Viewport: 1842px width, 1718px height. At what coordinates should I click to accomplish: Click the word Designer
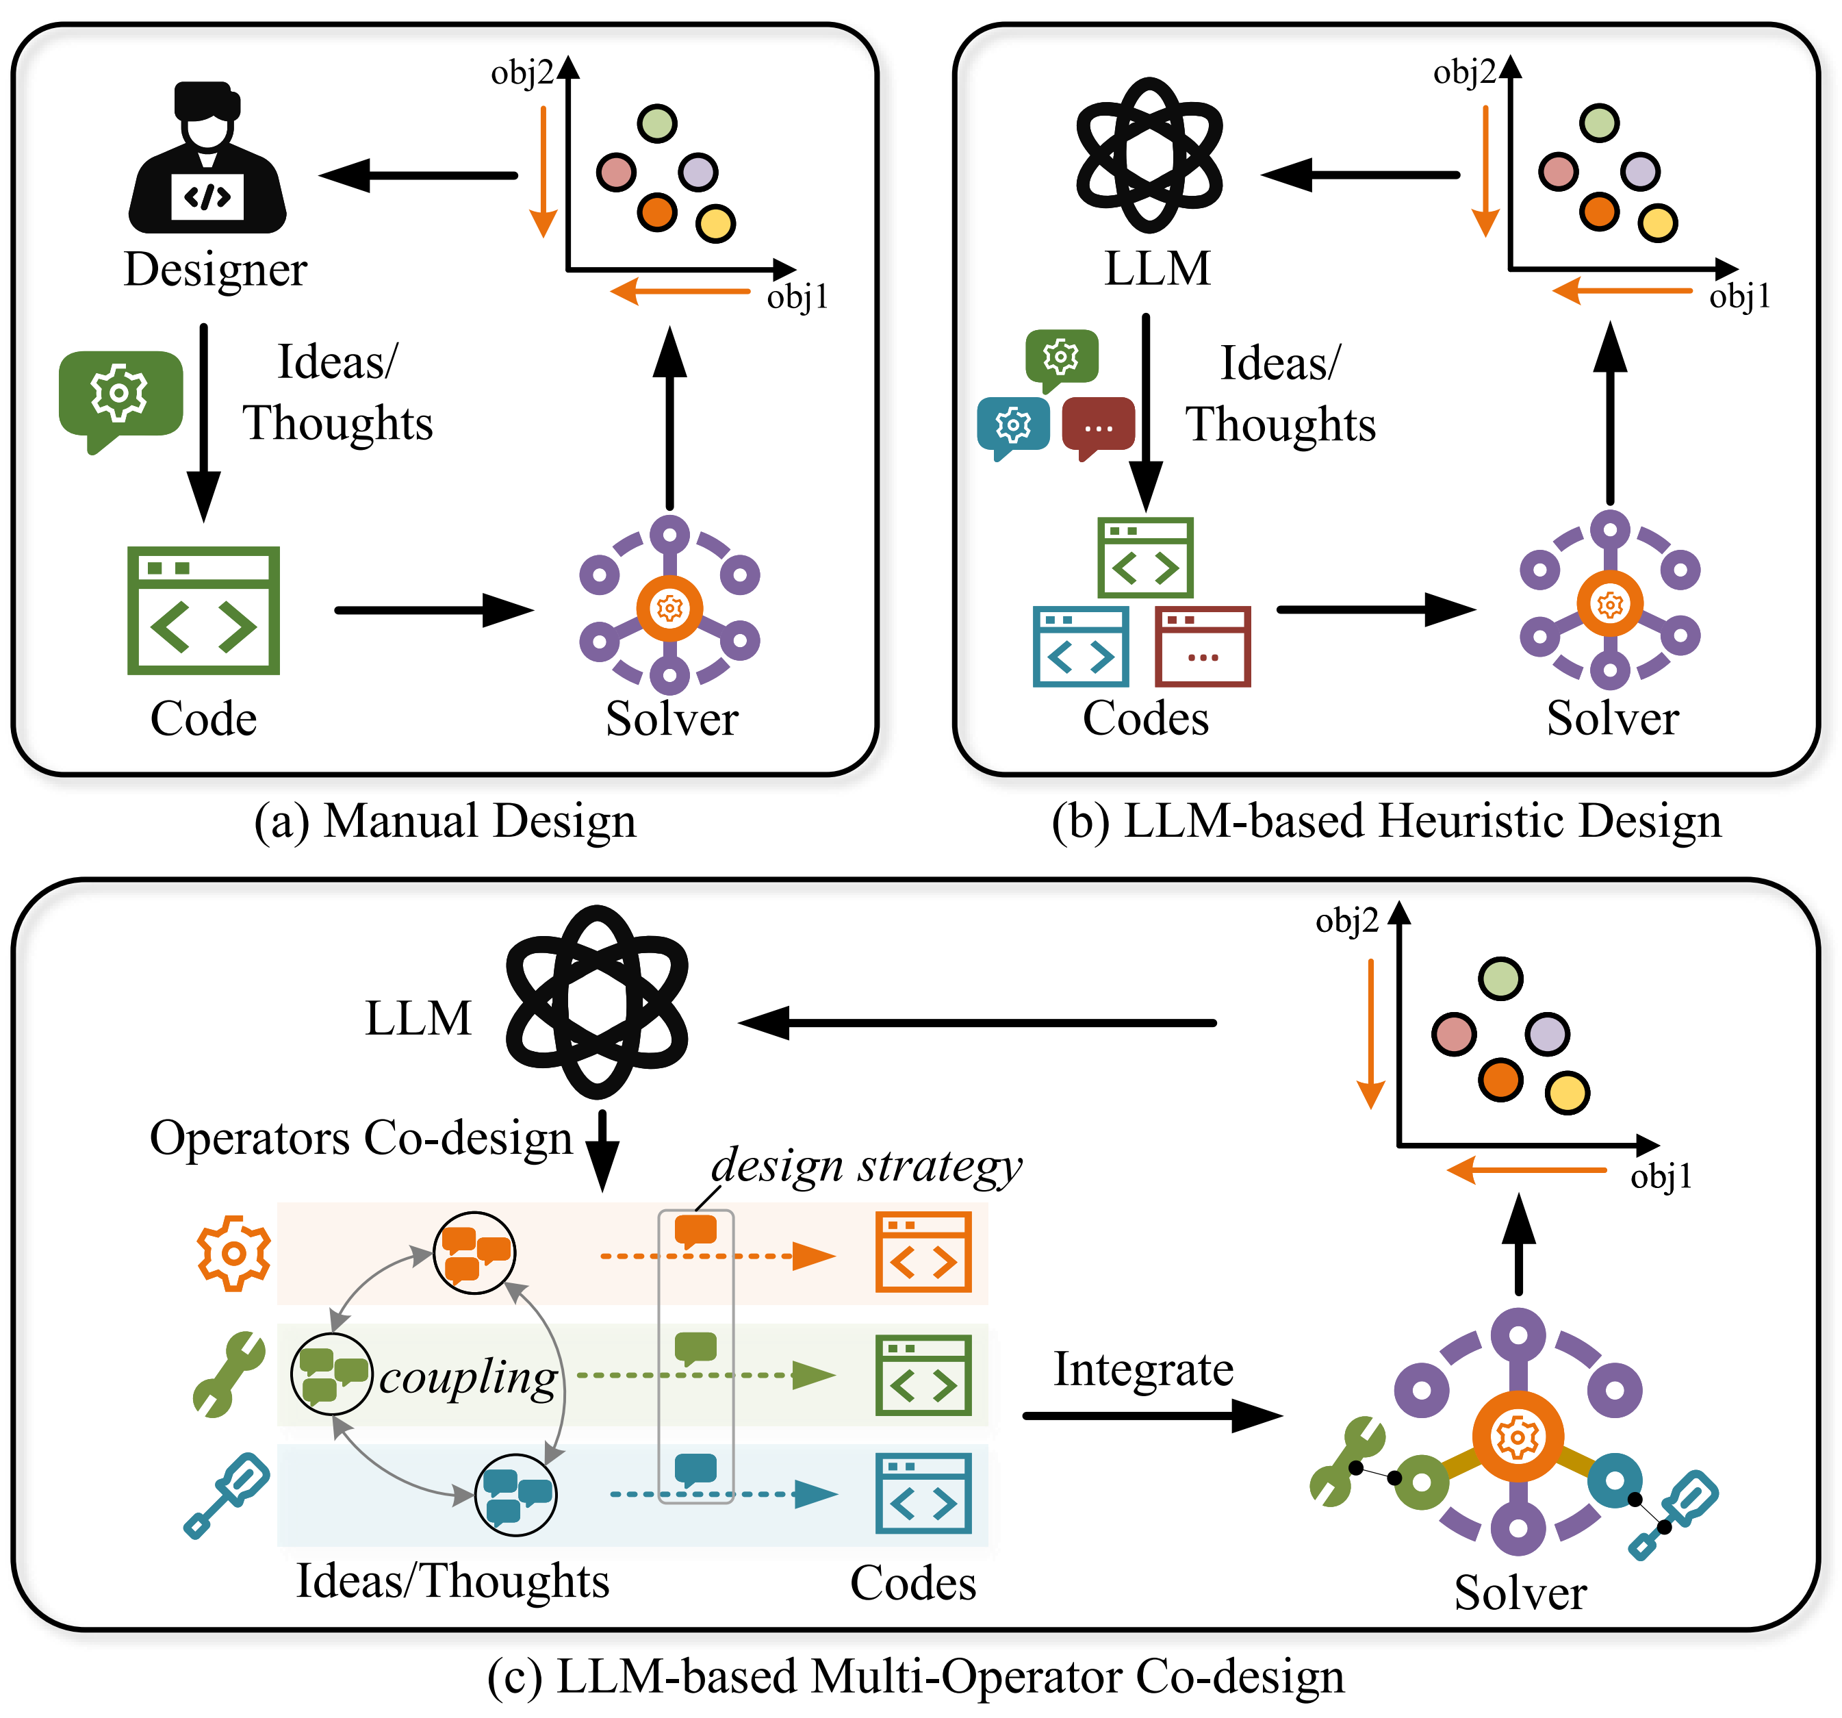tap(215, 270)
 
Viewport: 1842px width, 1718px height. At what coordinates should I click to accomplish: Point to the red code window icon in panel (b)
tap(1203, 646)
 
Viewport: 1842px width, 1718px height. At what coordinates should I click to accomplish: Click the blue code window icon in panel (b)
tap(1080, 646)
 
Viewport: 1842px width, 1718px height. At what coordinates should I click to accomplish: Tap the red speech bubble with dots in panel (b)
tap(1098, 428)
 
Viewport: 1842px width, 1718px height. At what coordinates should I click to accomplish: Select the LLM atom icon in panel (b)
tap(1149, 155)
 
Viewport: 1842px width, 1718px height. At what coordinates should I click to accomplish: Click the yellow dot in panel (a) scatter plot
tap(715, 223)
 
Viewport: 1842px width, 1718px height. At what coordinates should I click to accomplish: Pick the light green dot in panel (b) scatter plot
tap(1599, 123)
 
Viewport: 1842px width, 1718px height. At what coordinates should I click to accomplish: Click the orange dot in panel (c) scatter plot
tap(1501, 1080)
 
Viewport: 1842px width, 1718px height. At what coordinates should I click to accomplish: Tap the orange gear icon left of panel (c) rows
tap(233, 1253)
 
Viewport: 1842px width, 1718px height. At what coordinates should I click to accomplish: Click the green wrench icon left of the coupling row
tap(229, 1374)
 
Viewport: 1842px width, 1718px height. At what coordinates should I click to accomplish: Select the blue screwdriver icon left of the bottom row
tap(227, 1495)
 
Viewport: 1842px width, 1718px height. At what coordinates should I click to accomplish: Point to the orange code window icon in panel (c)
tap(923, 1251)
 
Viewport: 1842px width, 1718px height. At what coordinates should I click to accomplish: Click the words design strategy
tap(867, 1165)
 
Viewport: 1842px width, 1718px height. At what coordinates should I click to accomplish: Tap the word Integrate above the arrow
tap(1143, 1369)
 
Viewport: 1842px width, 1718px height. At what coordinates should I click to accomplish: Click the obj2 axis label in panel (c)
tap(1347, 921)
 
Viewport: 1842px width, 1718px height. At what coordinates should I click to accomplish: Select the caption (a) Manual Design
tap(446, 821)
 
